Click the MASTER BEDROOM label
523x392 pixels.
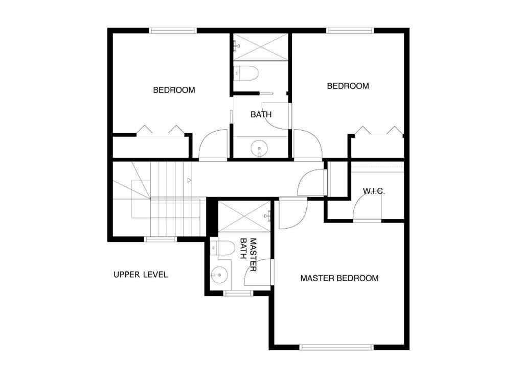(339, 278)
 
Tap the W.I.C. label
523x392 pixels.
(374, 191)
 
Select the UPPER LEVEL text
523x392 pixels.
(141, 275)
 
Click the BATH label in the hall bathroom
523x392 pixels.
(261, 115)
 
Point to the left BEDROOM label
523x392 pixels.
(174, 90)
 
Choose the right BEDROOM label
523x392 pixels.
(348, 86)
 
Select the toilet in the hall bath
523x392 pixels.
(247, 73)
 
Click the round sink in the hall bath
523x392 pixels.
(260, 149)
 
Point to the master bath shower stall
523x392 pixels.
(244, 217)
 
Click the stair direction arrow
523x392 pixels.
(189, 180)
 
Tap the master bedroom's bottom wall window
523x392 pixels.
(336, 347)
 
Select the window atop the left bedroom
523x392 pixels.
(173, 31)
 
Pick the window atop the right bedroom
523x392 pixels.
(351, 31)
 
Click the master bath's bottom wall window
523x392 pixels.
(239, 293)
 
